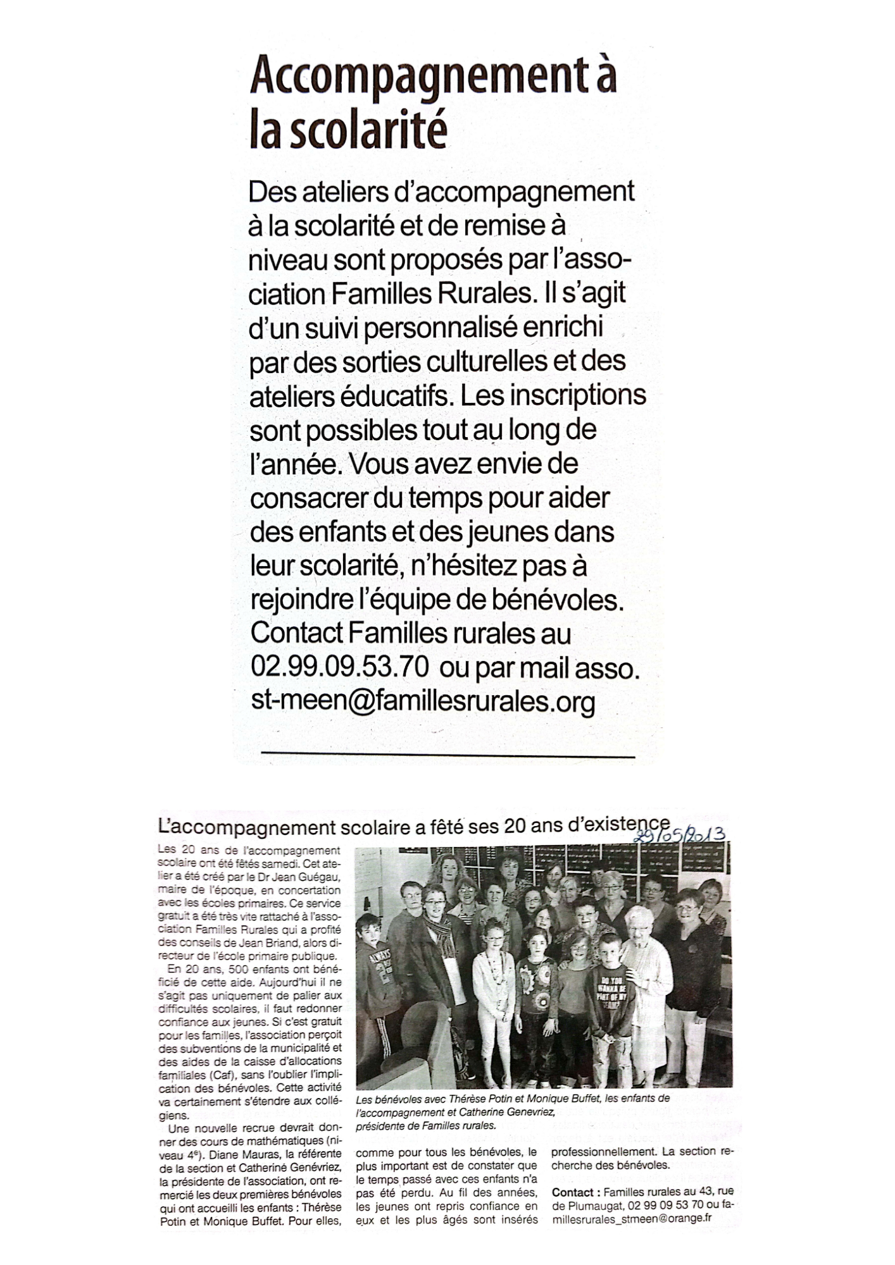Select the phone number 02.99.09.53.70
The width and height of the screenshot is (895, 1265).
pyautogui.click(x=340, y=667)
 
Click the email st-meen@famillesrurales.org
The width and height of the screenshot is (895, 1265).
pyautogui.click(x=423, y=701)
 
